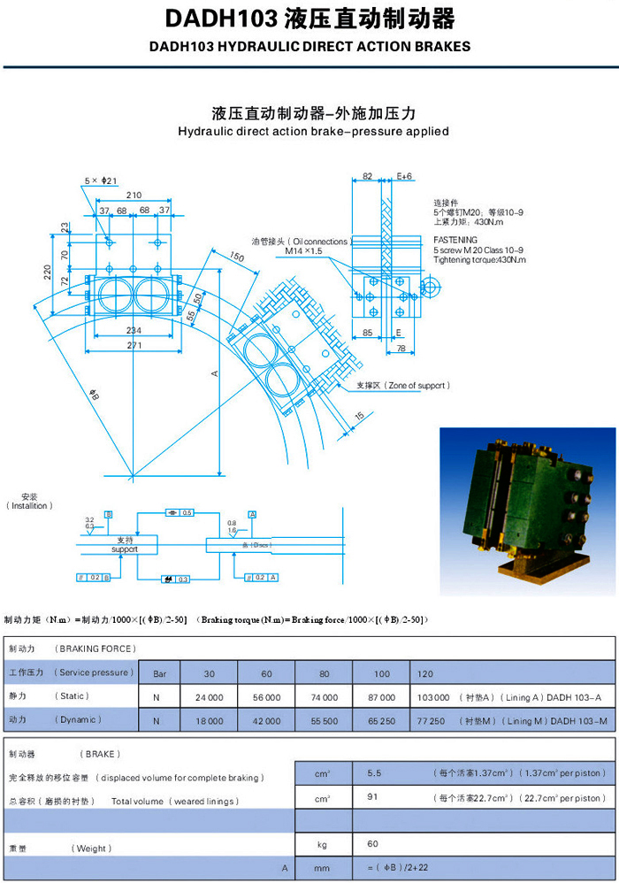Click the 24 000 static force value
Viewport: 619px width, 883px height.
pos(209,697)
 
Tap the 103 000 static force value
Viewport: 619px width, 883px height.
pos(432,697)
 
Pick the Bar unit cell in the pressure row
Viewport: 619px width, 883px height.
pos(160,673)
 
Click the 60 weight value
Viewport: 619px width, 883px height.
pos(372,844)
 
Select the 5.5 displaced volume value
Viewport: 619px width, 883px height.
pos(374,772)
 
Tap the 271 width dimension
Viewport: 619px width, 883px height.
pos(133,346)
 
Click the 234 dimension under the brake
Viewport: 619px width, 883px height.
pos(133,328)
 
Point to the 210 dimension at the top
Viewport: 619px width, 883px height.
pos(134,195)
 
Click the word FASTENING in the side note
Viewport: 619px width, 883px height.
pos(455,240)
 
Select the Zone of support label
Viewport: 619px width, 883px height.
pos(403,386)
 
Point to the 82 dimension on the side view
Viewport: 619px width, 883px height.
pos(367,177)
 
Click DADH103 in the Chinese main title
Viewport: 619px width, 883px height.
pos(219,19)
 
